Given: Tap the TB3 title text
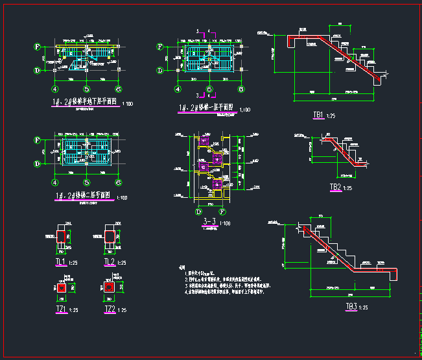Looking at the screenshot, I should [x=351, y=307].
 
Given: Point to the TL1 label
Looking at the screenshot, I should [x=60, y=262].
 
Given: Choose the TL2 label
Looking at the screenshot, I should [x=110, y=262].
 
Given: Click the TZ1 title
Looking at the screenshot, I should [x=61, y=309].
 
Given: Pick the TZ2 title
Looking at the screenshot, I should [x=110, y=309].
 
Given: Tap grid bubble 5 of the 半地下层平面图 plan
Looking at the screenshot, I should [x=86, y=90].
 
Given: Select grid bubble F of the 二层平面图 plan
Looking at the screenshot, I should [x=38, y=139].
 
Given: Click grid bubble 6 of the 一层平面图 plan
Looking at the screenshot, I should [x=240, y=90].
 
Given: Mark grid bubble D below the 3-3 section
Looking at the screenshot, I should [x=198, y=211].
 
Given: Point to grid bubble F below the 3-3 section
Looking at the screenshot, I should [x=222, y=211].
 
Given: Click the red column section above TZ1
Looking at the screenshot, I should [x=61, y=287].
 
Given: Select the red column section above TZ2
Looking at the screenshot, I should [x=110, y=287].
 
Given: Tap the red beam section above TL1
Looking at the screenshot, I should [x=61, y=235].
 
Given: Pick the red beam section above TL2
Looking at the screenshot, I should [x=110, y=235].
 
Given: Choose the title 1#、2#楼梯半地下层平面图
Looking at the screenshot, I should [x=84, y=102].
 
